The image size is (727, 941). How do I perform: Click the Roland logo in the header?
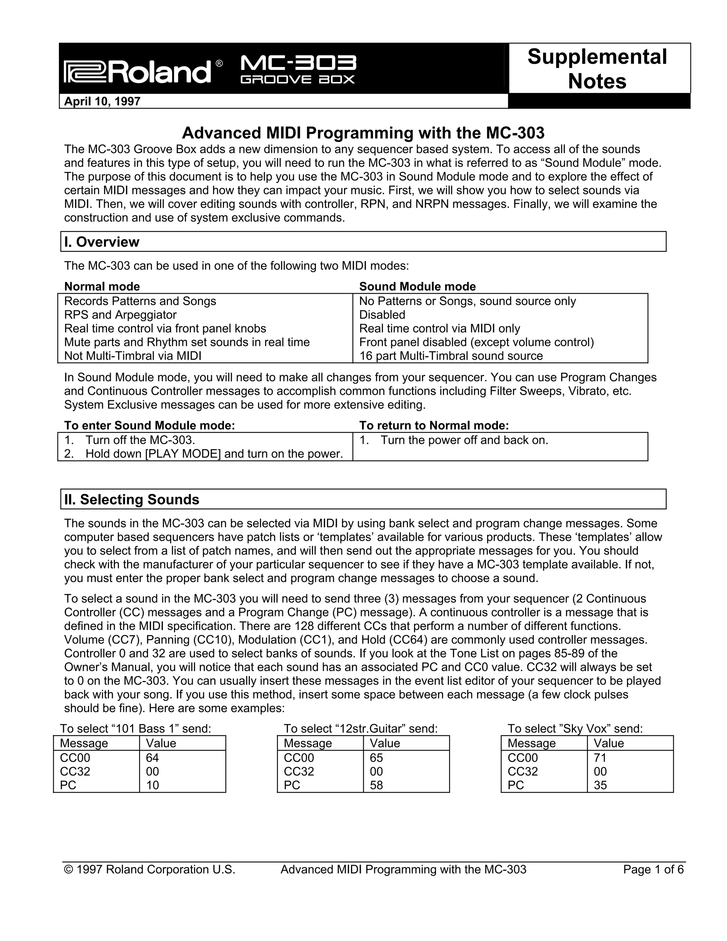click(x=138, y=71)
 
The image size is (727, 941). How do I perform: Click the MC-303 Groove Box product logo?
click(x=297, y=69)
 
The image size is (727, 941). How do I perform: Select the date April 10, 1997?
click(x=102, y=102)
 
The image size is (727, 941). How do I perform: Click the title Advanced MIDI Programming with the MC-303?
click(x=363, y=133)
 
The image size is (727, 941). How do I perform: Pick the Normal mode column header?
click(x=102, y=287)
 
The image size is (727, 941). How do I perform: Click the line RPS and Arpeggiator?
click(x=120, y=315)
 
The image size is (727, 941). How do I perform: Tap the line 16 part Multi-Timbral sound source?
click(x=450, y=356)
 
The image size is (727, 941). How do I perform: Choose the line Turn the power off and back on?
click(x=464, y=440)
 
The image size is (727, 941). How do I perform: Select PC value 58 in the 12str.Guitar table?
click(x=376, y=785)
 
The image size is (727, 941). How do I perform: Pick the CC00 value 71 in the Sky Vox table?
click(x=600, y=758)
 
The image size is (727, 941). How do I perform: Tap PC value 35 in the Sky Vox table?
click(x=600, y=785)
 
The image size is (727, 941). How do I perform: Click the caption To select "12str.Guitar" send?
click(x=361, y=729)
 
